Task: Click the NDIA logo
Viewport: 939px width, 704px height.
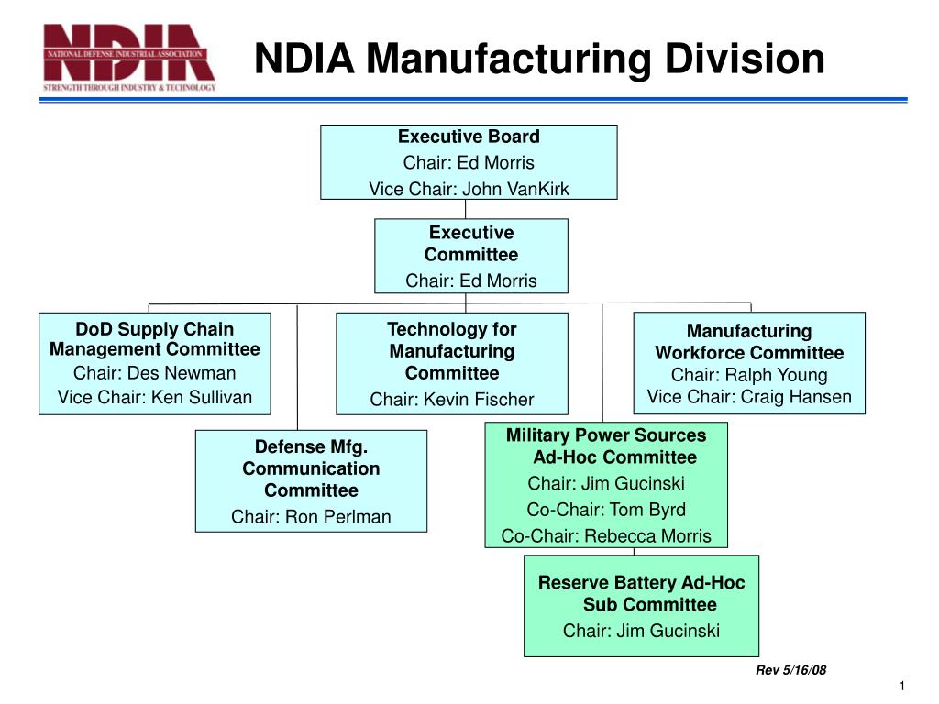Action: tap(129, 57)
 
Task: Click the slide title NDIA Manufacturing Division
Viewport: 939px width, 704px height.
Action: tap(539, 59)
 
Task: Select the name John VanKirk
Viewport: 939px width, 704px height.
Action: tap(515, 189)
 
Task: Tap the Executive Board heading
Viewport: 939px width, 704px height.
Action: tap(469, 137)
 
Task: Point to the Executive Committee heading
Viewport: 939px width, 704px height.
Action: tap(471, 244)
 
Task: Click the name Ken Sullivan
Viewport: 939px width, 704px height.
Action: tap(202, 397)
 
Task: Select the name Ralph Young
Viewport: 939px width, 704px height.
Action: tap(776, 375)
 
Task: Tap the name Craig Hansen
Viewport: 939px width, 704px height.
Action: tap(796, 397)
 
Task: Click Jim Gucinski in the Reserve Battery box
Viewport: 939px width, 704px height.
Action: tap(668, 631)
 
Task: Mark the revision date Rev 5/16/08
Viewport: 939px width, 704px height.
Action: tap(790, 670)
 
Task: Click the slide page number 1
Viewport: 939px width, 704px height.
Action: tap(902, 688)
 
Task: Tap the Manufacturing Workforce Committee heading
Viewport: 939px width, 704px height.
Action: tap(749, 342)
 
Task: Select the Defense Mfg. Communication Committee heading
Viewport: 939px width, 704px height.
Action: tap(311, 468)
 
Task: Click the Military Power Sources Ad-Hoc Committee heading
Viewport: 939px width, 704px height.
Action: tap(606, 446)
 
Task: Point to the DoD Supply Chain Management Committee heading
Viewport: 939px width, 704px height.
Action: tap(154, 339)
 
